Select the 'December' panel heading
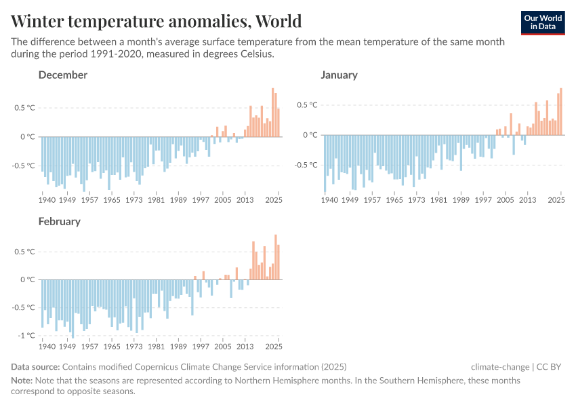point(62,75)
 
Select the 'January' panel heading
point(339,75)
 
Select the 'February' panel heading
point(59,221)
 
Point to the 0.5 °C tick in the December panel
point(25,108)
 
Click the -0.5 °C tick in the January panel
point(307,165)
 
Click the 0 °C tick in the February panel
point(27,279)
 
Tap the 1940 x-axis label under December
point(47,200)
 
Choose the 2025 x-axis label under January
point(556,200)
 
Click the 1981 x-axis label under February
point(157,346)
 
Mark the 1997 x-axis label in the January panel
point(482,200)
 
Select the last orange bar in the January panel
point(560,111)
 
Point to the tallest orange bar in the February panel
point(275,257)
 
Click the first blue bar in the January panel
point(325,163)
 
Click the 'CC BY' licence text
point(550,367)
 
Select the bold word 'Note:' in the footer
point(22,381)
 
